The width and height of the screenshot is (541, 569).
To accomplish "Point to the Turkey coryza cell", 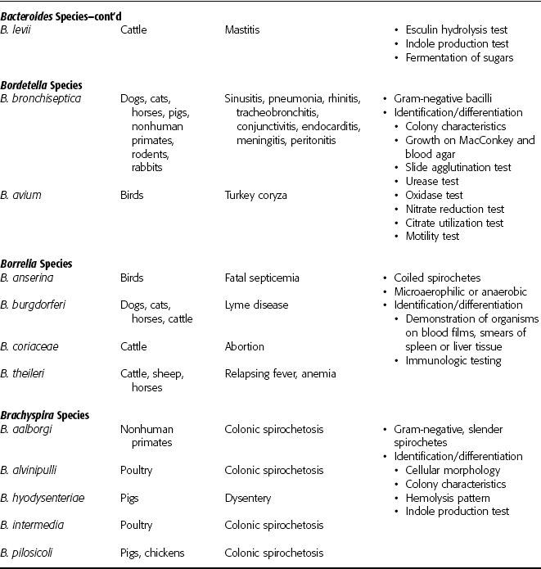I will click(x=255, y=196).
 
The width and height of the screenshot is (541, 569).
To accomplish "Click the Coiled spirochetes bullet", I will click(x=441, y=278).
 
